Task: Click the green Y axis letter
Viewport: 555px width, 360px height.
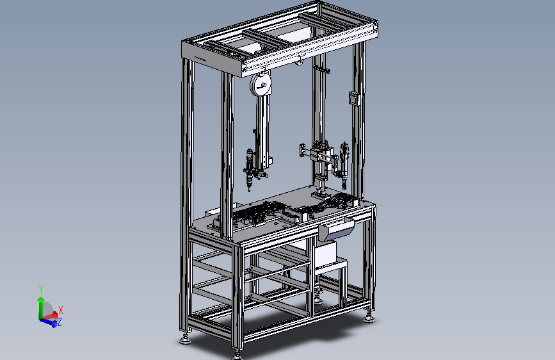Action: coord(41,290)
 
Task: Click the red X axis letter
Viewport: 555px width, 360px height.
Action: coord(61,310)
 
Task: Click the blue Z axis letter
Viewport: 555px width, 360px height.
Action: coord(60,322)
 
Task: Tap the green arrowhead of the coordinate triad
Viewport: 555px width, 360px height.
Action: coord(41,299)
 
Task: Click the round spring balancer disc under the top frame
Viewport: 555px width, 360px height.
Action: coord(261,84)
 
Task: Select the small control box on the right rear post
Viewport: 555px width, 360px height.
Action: coord(354,98)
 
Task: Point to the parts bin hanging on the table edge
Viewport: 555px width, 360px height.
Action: coord(336,229)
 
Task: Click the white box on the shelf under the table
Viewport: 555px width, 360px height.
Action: coord(325,254)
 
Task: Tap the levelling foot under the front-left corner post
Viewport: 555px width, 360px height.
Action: coord(185,340)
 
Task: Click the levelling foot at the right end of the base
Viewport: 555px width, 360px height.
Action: coord(369,318)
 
